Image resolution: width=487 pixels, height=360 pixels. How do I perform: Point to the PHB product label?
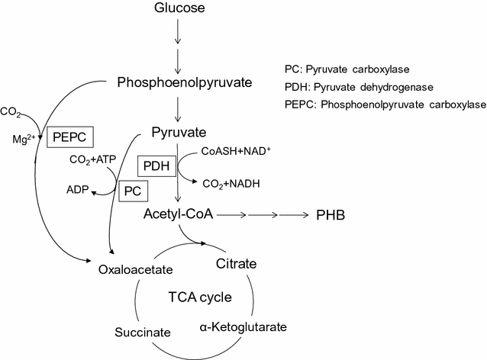point(331,216)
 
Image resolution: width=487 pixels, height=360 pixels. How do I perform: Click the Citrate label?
point(237,265)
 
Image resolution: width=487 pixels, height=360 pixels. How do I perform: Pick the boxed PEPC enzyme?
point(70,137)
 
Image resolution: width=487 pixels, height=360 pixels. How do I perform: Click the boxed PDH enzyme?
point(156,165)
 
